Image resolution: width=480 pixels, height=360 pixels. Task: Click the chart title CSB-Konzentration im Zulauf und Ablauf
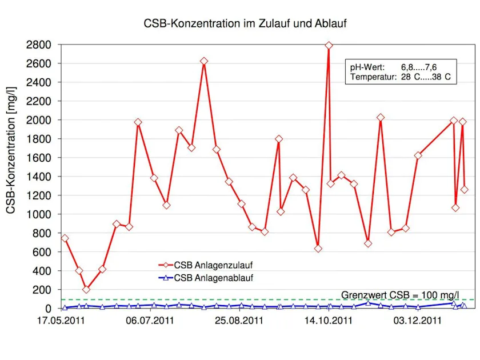tap(245, 24)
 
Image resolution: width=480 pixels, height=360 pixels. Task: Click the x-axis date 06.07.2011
tap(151, 321)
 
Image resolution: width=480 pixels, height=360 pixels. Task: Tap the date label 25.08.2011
tap(239, 321)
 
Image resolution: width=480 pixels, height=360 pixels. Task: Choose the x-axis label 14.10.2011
tap(329, 321)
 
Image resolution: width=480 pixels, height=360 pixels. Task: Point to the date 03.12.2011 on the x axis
tap(417, 321)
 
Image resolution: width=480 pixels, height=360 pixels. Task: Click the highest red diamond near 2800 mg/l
tap(329, 45)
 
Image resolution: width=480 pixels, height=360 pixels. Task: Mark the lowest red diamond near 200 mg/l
tap(86, 290)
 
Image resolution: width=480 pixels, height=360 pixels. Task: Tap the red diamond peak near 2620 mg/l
tap(204, 61)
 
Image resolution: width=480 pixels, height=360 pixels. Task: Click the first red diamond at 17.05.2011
tap(65, 238)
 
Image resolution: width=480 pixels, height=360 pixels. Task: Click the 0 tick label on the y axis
tap(49, 309)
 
